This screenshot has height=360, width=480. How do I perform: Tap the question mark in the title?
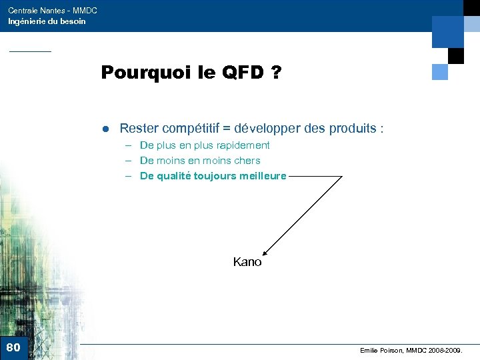coord(275,72)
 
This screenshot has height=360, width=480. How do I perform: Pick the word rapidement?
coord(244,145)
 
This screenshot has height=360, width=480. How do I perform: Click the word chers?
coord(247,161)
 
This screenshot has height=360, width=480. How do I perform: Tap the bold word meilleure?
coord(259,176)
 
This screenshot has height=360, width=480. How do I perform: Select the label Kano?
coord(247,263)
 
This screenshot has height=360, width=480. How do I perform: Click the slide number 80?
coord(13,347)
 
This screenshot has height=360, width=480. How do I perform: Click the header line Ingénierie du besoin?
coord(47,21)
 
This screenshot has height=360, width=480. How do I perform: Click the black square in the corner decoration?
coord(456,56)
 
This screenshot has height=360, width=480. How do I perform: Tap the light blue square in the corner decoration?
coord(440,71)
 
